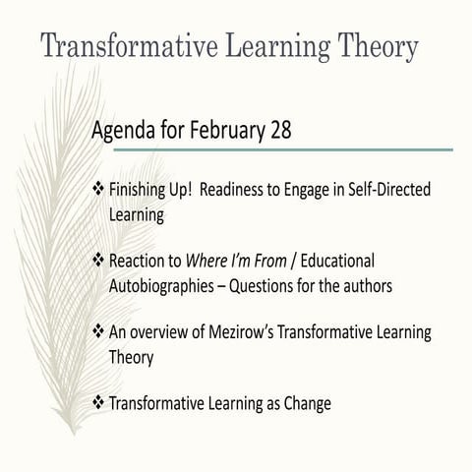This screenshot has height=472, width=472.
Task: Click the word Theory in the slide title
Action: coord(369,46)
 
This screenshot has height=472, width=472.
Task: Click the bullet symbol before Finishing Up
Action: coord(97,187)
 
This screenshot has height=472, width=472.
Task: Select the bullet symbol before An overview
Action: coord(97,331)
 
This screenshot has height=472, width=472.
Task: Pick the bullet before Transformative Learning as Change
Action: coord(97,402)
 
